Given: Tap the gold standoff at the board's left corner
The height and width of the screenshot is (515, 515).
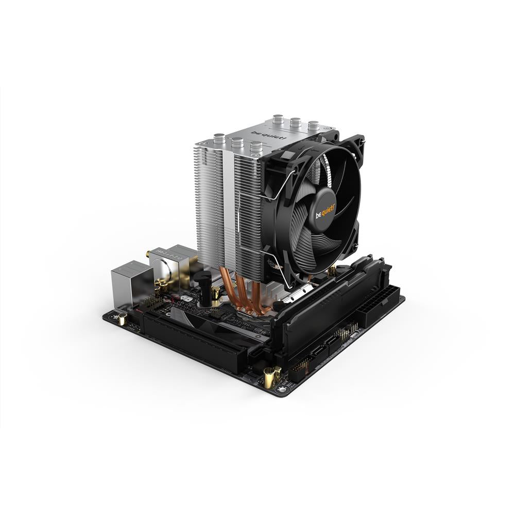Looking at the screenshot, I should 123,319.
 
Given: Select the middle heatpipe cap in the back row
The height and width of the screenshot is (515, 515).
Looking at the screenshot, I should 295,123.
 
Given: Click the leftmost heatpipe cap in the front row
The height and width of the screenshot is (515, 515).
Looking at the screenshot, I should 218,140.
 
